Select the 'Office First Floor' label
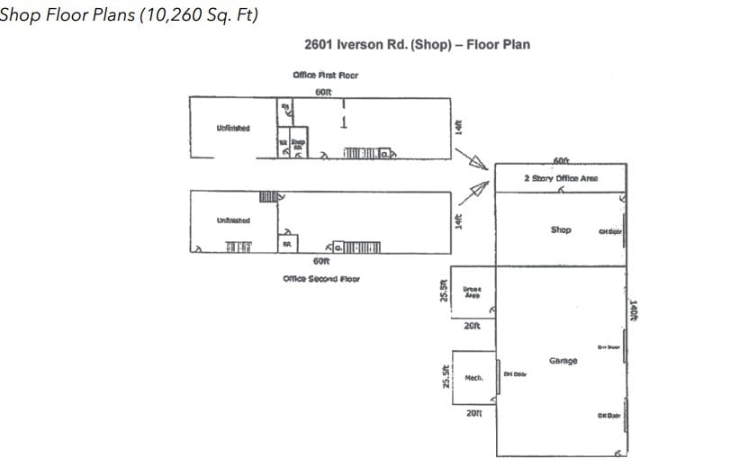pos(325,75)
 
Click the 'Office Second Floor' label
pos(321,279)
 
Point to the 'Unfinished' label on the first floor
pos(233,128)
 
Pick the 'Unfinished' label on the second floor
pos(233,220)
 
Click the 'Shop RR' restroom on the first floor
pos(298,143)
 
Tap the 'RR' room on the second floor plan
pos(287,244)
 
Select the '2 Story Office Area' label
pos(561,178)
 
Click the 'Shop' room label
pos(561,229)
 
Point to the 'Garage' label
pos(563,361)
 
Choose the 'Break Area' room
pos(472,292)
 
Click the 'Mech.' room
pos(473,378)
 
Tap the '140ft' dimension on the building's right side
pos(634,311)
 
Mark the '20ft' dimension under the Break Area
pos(473,326)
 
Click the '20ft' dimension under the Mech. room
pos(474,413)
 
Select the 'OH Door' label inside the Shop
pos(609,231)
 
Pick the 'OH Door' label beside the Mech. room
pos(515,374)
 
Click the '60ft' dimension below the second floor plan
pos(321,261)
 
